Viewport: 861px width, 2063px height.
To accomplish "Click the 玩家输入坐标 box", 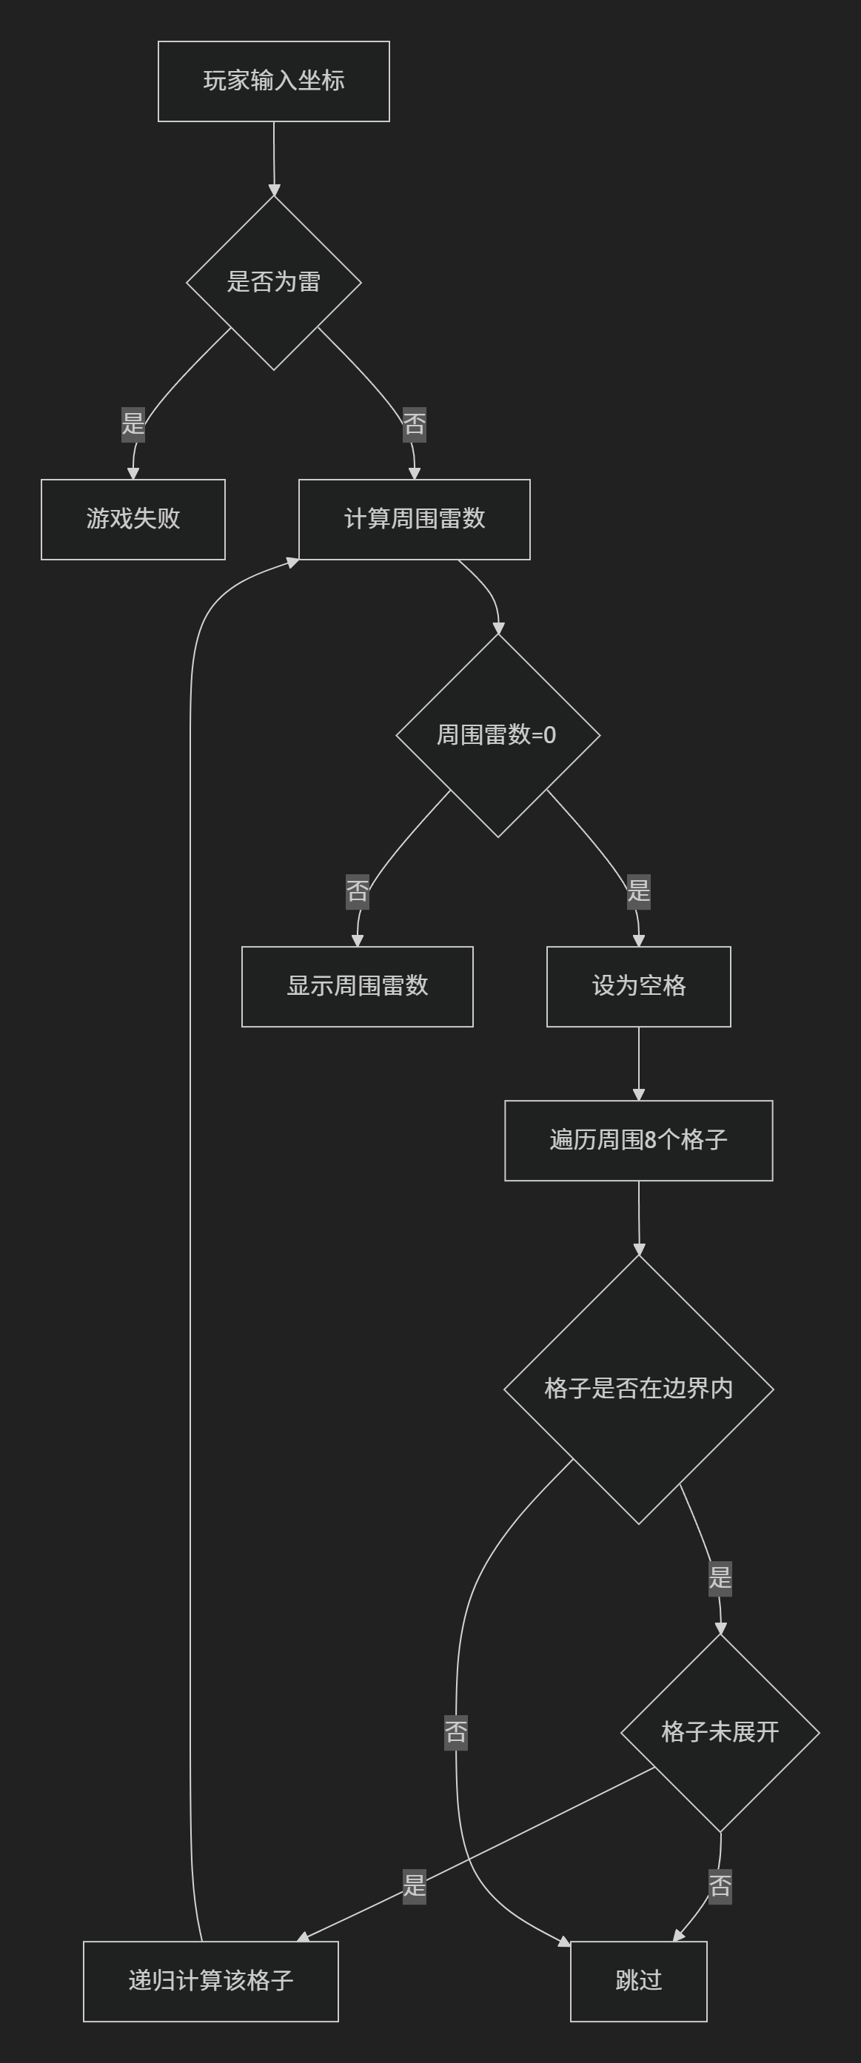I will [274, 81].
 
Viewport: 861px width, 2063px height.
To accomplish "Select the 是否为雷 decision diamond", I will [274, 282].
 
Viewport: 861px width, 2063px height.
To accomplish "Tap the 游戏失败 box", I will [133, 519].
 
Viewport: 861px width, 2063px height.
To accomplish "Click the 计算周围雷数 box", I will [414, 519].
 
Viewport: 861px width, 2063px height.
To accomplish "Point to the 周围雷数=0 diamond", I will [497, 735].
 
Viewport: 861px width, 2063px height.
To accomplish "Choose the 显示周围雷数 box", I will [358, 986].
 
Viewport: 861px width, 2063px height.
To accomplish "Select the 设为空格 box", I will [638, 986].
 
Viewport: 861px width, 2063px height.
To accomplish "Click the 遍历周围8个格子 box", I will [638, 1140].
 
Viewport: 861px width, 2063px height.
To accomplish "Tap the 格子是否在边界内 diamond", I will [638, 1389].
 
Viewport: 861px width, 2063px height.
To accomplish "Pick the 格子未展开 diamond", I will [720, 1732].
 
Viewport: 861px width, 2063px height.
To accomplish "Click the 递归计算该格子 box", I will [211, 1981].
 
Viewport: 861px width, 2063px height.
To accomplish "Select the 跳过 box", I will [638, 1981].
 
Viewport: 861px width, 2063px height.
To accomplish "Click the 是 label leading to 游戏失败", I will [133, 423].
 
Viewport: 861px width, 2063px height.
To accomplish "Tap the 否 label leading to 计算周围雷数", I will [414, 423].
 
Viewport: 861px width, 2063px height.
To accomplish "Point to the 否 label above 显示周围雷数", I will [358, 890].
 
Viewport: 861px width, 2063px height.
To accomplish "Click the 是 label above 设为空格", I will [638, 890].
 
